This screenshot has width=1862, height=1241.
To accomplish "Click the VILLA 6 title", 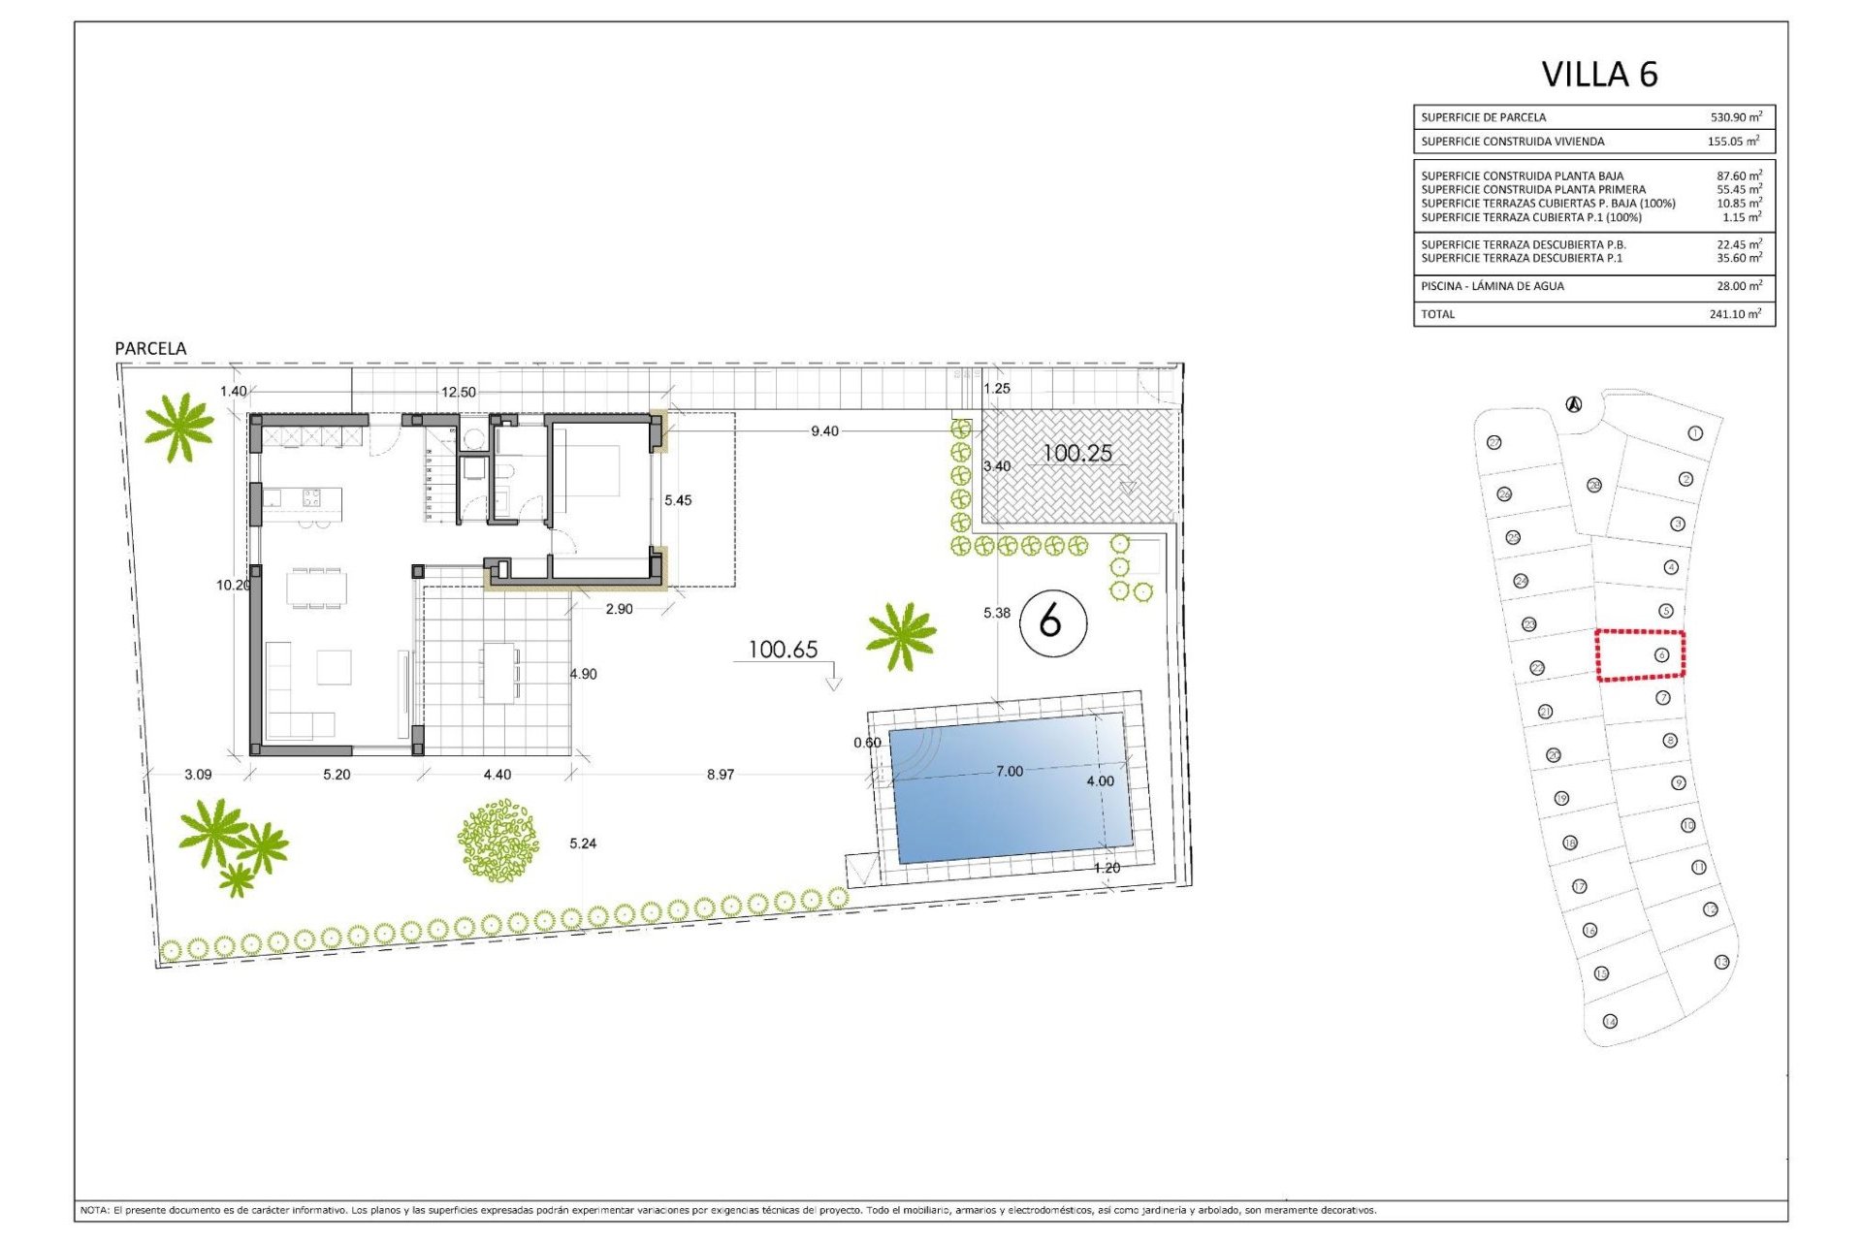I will point(1599,75).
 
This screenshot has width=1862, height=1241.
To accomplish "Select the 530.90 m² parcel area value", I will point(1735,117).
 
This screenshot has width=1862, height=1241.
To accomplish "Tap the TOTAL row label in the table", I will point(1437,314).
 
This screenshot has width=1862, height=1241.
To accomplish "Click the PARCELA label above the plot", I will point(150,348).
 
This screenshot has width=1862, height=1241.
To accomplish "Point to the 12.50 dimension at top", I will point(459,393).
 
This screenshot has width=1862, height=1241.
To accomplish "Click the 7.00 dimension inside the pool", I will point(1009,772).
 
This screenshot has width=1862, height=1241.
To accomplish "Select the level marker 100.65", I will point(783,650).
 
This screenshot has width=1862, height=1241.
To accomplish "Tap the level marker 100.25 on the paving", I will point(1076,453).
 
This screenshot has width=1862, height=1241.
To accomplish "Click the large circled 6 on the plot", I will point(1052,622).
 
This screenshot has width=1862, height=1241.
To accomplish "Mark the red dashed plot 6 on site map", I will point(1640,655).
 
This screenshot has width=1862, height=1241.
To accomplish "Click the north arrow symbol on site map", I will point(1574,404).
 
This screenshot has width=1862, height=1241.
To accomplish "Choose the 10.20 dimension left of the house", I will point(233,586).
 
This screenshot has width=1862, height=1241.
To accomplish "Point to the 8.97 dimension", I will point(721,775).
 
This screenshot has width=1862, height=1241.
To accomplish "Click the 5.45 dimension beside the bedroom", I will point(678,500).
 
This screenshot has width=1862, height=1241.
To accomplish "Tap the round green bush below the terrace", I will point(498,841).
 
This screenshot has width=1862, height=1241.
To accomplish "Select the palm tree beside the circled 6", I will point(902,636).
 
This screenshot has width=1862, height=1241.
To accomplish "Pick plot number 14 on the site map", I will point(1611,1021).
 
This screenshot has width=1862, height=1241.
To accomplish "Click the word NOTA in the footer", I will point(94,1210).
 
